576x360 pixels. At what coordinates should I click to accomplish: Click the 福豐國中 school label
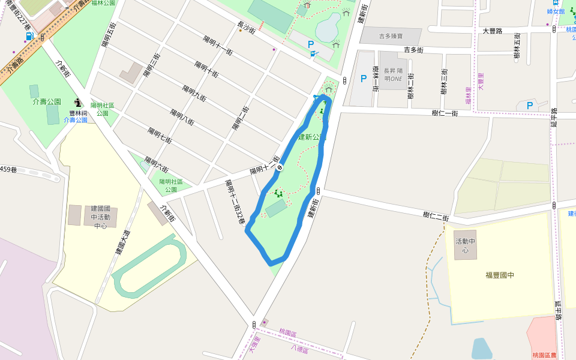500,275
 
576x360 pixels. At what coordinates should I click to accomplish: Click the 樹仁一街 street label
445,113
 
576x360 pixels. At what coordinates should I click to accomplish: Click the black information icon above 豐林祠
79,103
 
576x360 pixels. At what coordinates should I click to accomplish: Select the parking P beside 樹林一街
363,78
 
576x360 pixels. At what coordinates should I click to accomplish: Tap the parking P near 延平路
529,105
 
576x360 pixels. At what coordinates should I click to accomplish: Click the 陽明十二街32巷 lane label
234,202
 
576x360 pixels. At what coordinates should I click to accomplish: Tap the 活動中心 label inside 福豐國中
465,245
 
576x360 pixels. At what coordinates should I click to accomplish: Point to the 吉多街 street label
414,50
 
